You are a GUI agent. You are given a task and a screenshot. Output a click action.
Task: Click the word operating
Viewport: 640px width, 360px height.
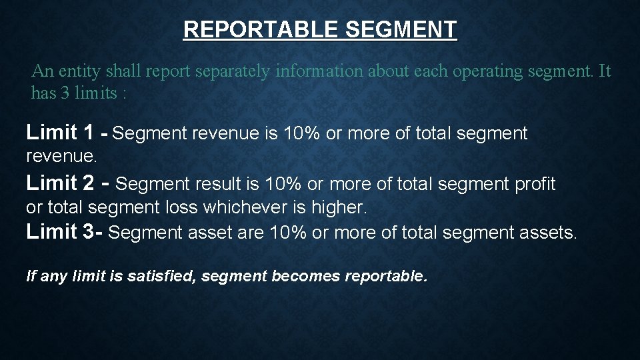point(491,71)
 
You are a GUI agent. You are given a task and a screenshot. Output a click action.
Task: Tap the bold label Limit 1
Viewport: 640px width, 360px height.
point(60,133)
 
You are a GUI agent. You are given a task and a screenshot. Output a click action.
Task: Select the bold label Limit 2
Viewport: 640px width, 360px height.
point(60,182)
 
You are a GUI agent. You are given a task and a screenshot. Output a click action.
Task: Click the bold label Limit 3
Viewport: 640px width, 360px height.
point(60,231)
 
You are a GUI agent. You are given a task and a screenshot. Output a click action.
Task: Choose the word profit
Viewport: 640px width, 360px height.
point(535,183)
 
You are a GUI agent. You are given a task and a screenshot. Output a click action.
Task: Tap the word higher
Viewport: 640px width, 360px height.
point(341,207)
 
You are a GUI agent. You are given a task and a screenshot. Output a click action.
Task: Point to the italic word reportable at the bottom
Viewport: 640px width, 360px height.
point(385,275)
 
